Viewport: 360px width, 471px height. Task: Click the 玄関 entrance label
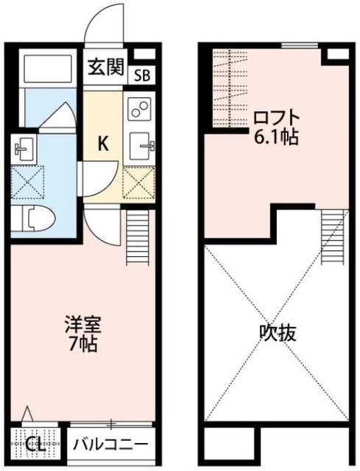point(107,69)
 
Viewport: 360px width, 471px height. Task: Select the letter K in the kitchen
point(105,143)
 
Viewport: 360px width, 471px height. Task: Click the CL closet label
point(33,445)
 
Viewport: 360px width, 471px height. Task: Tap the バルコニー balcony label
point(113,444)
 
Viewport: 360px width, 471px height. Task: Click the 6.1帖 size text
point(276,136)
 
